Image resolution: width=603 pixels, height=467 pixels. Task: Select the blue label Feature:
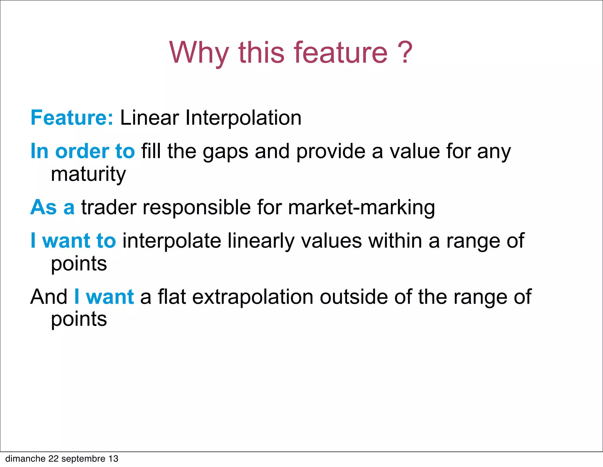[x=72, y=118]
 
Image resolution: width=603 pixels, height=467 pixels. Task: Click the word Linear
[x=149, y=118]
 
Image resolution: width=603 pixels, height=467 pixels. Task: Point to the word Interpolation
[x=243, y=118]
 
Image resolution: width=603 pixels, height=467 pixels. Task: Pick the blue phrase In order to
[x=83, y=151]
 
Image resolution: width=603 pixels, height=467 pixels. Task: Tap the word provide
[x=331, y=151]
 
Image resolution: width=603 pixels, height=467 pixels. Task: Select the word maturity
[x=88, y=174]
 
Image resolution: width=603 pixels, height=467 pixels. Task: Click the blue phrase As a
[x=52, y=207]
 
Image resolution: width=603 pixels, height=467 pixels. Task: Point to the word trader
[x=109, y=207]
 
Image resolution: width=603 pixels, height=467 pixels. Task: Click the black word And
[x=49, y=297]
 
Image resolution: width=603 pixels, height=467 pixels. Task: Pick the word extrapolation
[x=253, y=297]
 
